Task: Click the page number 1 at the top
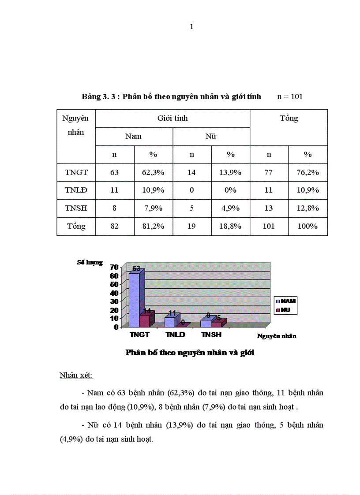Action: [191, 27]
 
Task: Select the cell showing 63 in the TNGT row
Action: [115, 172]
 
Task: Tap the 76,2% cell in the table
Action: [308, 172]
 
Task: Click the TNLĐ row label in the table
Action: [76, 190]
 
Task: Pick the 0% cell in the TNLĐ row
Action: [230, 190]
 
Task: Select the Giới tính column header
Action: [172, 118]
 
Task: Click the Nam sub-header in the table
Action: [133, 136]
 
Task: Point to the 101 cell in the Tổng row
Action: [269, 226]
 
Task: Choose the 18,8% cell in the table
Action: [230, 226]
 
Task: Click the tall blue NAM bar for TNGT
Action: [134, 300]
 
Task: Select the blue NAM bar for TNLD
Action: [170, 322]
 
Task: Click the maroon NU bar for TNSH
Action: [217, 324]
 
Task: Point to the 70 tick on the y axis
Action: [114, 267]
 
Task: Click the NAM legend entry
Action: [285, 301]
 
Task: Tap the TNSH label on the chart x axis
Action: [211, 335]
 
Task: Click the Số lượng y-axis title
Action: [90, 262]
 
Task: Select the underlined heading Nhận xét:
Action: [76, 376]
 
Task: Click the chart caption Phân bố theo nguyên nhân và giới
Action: [190, 353]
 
